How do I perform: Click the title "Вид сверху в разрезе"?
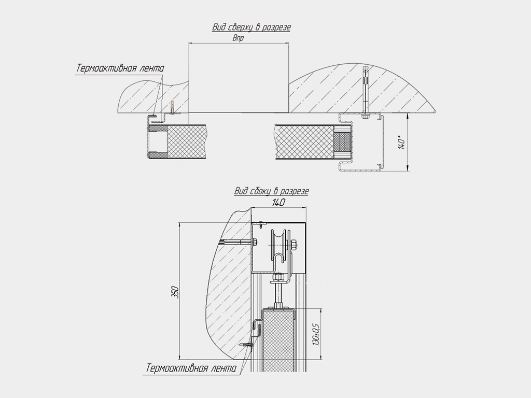click(251, 27)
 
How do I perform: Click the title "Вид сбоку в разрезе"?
click(271, 191)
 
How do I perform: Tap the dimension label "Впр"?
click(238, 38)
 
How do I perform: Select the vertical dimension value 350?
click(175, 292)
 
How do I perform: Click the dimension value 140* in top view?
click(402, 142)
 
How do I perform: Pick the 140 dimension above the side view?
click(278, 203)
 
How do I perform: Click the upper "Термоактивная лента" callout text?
click(120, 68)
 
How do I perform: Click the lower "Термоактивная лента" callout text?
click(191, 368)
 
